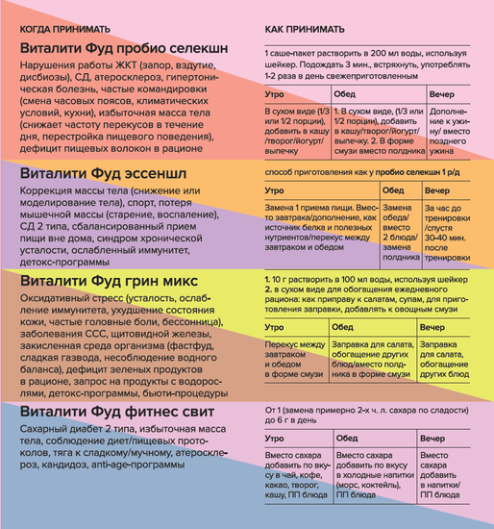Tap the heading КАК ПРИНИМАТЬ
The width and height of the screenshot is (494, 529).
(301, 30)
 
